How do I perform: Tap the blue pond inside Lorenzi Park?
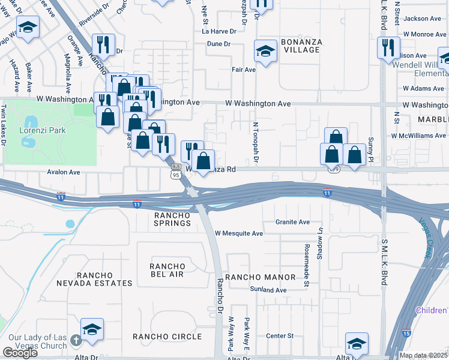[x=27, y=140]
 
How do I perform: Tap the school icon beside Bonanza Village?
[x=265, y=51]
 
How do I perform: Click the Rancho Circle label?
[x=167, y=337]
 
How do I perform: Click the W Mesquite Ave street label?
[x=239, y=233]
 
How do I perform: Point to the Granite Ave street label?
[x=292, y=222]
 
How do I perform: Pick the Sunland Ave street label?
[x=268, y=290]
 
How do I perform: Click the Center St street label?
[x=280, y=335]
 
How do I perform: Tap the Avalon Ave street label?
[x=64, y=172]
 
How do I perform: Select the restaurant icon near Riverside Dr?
[x=103, y=44]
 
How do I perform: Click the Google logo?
[x=20, y=353]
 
